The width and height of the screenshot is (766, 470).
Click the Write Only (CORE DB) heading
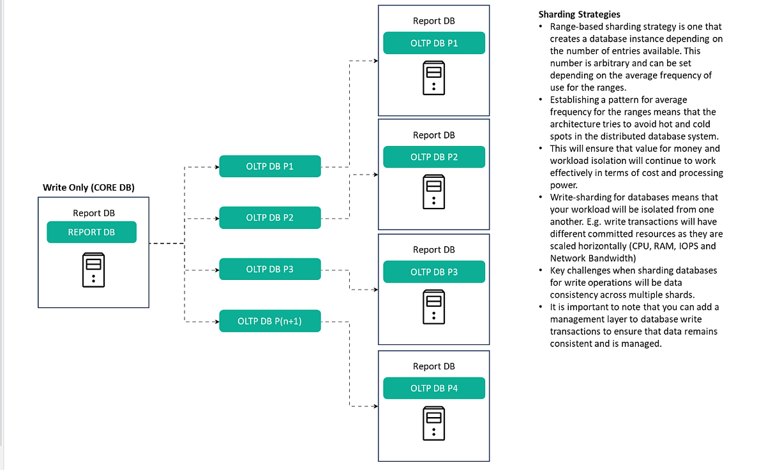click(89, 187)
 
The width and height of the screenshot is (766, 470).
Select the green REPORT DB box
click(91, 232)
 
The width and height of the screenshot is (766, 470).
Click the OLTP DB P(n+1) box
click(269, 321)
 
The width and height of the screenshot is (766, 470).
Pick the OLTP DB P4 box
click(434, 388)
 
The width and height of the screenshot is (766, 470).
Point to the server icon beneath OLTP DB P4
click(434, 423)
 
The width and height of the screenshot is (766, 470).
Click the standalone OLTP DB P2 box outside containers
click(269, 217)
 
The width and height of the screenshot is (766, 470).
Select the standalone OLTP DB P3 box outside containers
click(269, 269)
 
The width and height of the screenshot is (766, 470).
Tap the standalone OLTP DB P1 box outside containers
click(269, 166)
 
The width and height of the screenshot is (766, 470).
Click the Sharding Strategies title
click(579, 14)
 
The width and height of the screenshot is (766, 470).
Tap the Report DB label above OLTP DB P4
click(434, 366)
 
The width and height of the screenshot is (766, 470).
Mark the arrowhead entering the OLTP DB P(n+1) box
click(216, 321)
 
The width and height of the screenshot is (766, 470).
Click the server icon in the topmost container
click(434, 78)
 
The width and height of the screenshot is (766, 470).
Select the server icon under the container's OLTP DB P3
click(434, 306)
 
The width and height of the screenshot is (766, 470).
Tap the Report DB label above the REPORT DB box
click(94, 213)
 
